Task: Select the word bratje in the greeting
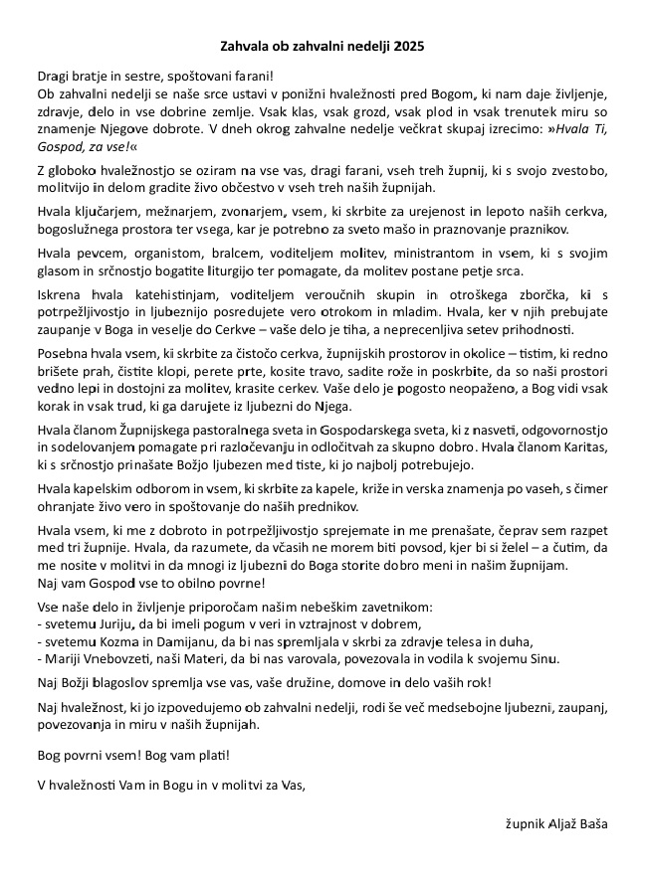point(93,76)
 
